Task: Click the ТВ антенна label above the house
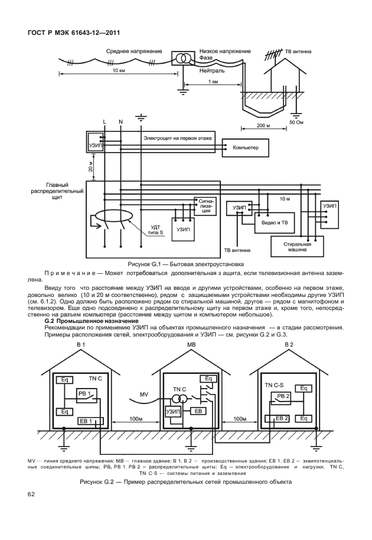click(299, 52)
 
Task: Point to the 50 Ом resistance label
click(296, 122)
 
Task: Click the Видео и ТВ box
click(275, 223)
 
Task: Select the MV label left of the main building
click(144, 393)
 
